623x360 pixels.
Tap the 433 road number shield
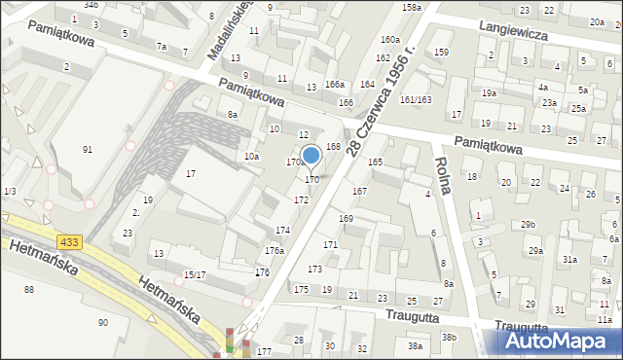(69, 241)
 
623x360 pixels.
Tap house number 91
(88, 149)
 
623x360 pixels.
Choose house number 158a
(411, 8)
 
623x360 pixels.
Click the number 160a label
(390, 40)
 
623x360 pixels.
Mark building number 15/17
(194, 275)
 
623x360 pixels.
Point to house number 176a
(275, 250)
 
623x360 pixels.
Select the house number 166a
(335, 86)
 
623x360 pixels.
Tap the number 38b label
(448, 337)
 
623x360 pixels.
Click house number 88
(29, 289)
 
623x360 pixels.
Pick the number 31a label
(568, 260)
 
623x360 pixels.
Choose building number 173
(314, 269)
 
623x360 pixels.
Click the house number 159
(442, 52)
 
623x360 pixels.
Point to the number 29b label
(529, 225)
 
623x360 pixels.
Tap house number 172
(302, 199)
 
